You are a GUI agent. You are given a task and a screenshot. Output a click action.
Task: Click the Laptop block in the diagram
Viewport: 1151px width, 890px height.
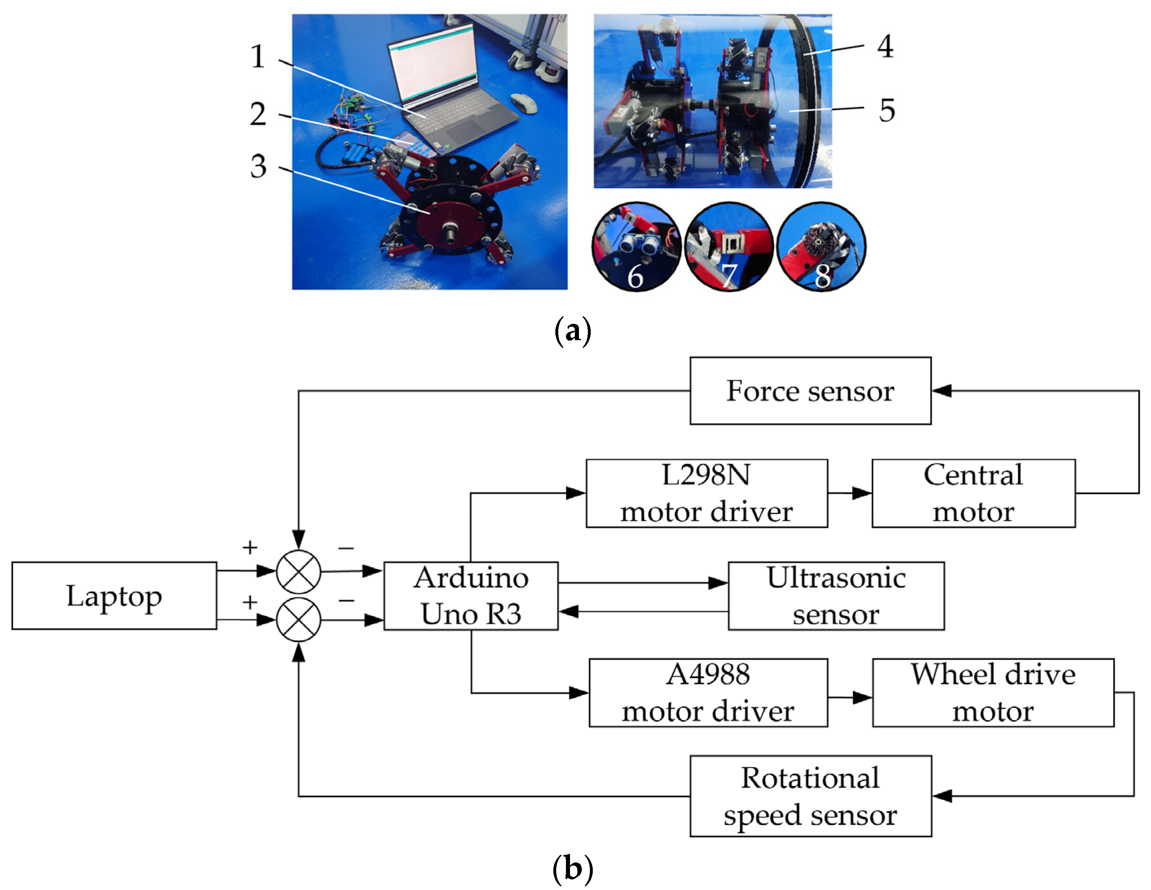tap(114, 595)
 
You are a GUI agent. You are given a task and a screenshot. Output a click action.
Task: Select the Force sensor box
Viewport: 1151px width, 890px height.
tap(810, 391)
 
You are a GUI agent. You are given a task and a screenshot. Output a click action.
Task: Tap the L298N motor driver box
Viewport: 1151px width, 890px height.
tap(706, 493)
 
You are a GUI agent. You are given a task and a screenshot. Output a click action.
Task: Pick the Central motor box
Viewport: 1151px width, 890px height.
tap(973, 493)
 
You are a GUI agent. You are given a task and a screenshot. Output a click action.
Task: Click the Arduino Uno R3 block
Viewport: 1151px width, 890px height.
tap(470, 595)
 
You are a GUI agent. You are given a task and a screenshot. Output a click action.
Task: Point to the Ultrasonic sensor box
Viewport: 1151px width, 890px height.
tap(836, 595)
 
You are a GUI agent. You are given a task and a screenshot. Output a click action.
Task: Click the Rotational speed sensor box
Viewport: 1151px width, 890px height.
tap(810, 796)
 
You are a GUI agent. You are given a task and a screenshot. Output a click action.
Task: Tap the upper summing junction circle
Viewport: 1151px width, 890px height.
tap(298, 571)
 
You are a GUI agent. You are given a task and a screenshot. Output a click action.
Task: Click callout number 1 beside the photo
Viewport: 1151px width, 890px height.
tap(258, 56)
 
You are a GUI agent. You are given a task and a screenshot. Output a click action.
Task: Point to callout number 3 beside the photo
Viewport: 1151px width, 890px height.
tap(258, 167)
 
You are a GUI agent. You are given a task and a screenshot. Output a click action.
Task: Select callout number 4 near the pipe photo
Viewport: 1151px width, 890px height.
tap(885, 46)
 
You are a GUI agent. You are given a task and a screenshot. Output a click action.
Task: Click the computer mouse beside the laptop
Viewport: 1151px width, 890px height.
tap(524, 103)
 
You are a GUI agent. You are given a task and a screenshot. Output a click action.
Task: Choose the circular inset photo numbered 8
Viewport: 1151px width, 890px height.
tap(822, 246)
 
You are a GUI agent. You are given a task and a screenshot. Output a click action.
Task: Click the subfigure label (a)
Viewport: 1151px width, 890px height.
tap(573, 331)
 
